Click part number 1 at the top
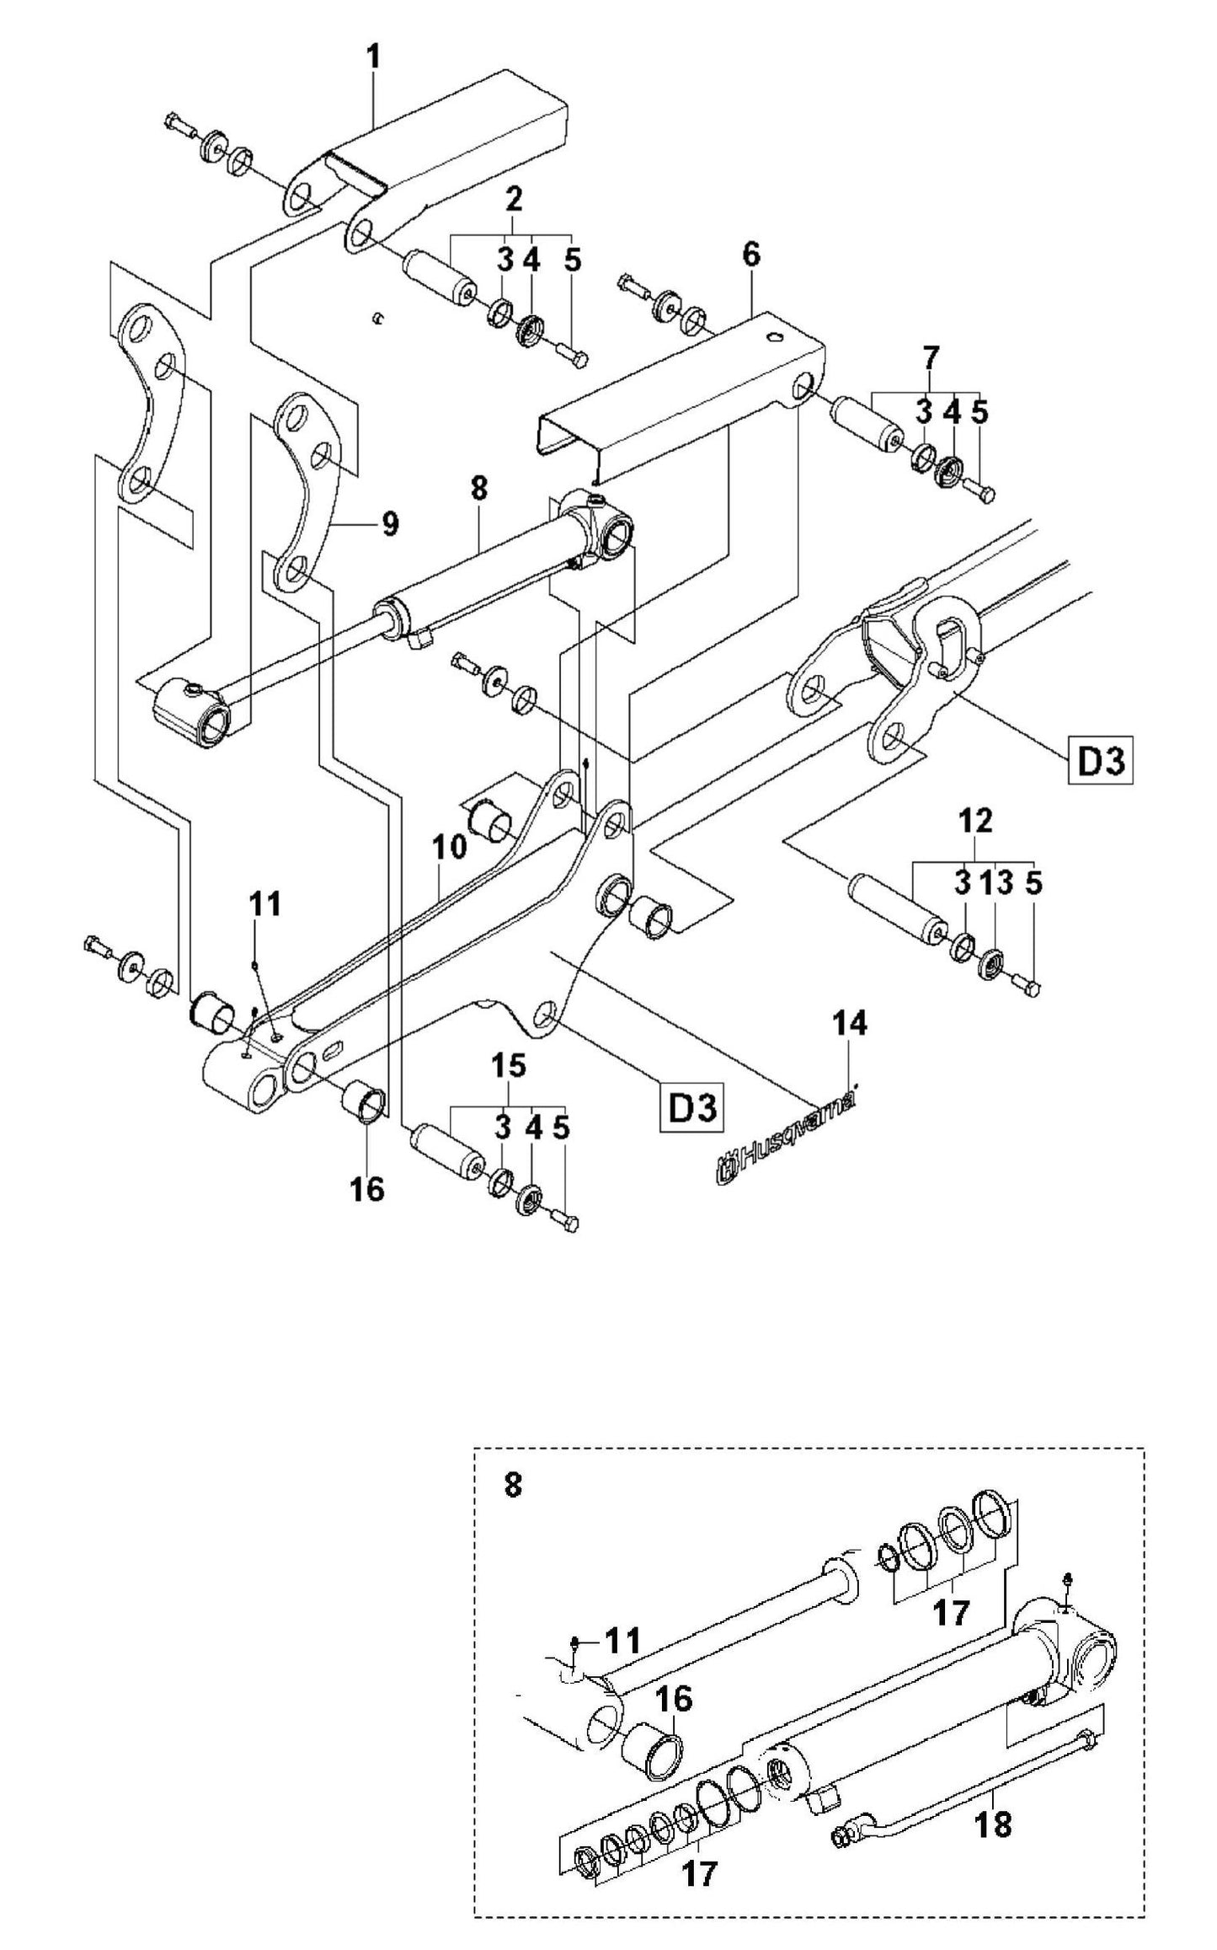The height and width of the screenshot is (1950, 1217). pyautogui.click(x=373, y=58)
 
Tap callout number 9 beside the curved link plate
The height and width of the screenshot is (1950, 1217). pyautogui.click(x=389, y=523)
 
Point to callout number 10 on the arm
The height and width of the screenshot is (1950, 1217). pyautogui.click(x=451, y=846)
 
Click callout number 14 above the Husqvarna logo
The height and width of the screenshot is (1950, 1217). pyautogui.click(x=851, y=1024)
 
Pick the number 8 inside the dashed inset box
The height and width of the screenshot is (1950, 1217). pyautogui.click(x=512, y=1485)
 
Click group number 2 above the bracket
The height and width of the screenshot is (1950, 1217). pyautogui.click(x=513, y=199)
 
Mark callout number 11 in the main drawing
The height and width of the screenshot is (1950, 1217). pyautogui.click(x=264, y=905)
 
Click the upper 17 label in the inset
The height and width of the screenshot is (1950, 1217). pyautogui.click(x=953, y=1613)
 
